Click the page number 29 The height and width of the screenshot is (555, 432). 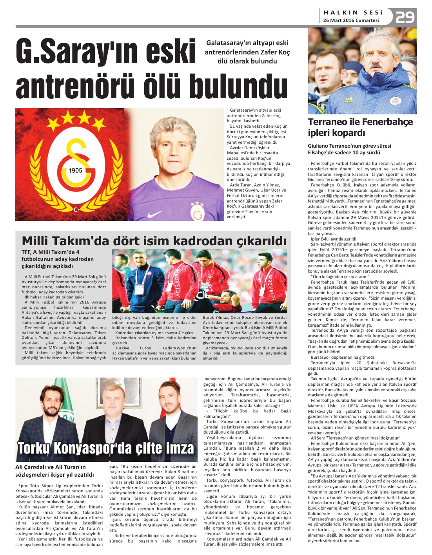click(x=405, y=18)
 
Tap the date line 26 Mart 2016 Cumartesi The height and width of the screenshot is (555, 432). click(x=351, y=20)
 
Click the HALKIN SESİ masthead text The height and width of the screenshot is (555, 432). click(x=353, y=12)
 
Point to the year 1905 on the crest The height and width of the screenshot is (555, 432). click(x=75, y=170)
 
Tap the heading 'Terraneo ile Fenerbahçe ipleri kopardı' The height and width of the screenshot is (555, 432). click(x=360, y=127)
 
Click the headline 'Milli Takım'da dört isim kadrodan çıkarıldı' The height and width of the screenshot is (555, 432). click(x=154, y=240)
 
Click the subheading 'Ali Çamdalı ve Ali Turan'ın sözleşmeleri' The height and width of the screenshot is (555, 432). click(x=54, y=470)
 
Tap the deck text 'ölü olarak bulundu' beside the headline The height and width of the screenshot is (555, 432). click(x=247, y=61)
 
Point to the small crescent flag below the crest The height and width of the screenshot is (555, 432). click(x=78, y=210)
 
